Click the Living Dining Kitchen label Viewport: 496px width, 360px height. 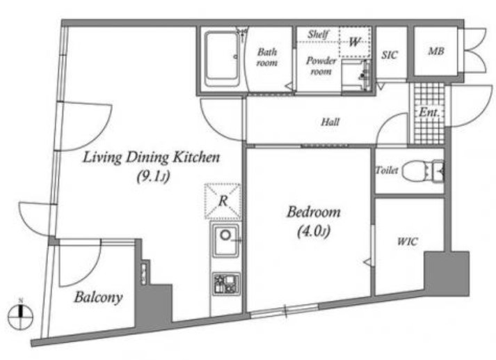pos(151,157)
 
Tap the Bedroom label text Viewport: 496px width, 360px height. pos(314,212)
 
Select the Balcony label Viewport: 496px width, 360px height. pos(98,297)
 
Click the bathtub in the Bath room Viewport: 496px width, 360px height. pos(222,58)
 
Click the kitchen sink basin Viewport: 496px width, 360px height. pos(225,240)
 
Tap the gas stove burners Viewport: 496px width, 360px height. pos(225,283)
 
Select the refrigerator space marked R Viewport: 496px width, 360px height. pos(223,201)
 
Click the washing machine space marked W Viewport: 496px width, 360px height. pos(355,42)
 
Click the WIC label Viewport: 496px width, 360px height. pos(408,242)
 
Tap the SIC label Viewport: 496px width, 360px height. pos(389,55)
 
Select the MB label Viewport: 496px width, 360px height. pos(436,51)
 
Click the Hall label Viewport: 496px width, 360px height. pos(330,122)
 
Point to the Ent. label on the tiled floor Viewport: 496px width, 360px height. pos(429,112)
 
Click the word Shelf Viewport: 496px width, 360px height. pos(318,34)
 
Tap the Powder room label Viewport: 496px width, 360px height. pos(321,66)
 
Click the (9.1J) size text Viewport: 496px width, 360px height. pos(154,177)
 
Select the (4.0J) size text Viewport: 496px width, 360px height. pos(314,231)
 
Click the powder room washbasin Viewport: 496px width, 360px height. pos(356,75)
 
